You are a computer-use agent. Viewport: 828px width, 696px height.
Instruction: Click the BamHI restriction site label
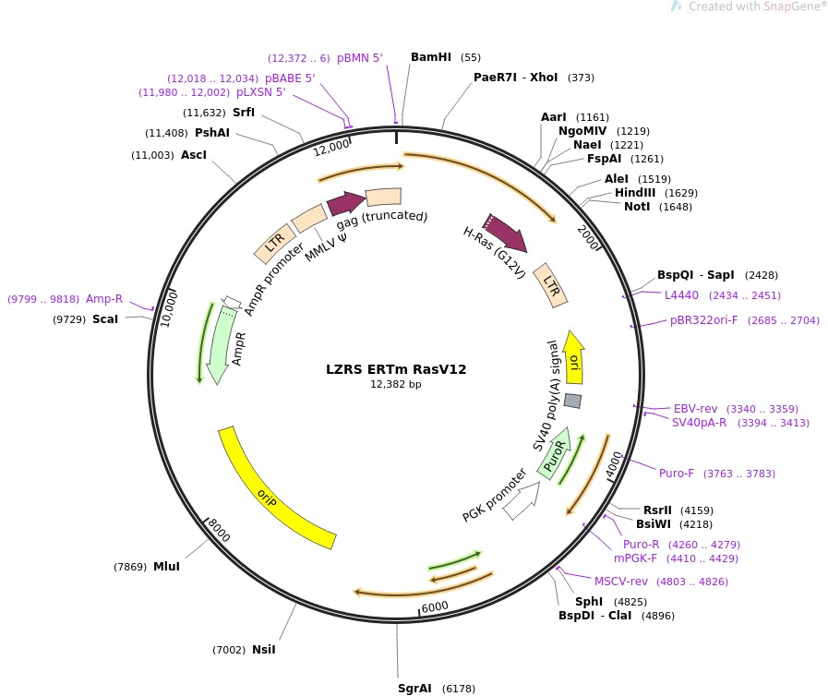point(431,57)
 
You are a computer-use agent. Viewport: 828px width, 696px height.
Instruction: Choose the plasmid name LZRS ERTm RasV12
point(396,369)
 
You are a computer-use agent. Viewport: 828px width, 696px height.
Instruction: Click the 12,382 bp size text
point(396,384)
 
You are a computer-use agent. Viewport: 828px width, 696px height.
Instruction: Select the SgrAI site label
point(414,688)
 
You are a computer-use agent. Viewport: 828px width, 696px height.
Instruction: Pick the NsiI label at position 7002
point(263,649)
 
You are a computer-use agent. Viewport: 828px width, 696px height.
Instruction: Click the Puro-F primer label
point(677,474)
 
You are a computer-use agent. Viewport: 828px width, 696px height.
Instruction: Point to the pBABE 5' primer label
point(290,78)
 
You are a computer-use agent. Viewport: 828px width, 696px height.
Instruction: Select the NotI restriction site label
point(637,206)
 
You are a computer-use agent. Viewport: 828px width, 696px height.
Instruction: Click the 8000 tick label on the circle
point(219,530)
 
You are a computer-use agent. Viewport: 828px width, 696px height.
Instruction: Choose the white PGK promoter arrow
point(524,498)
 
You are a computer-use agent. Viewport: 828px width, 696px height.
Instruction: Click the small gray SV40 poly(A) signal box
point(572,401)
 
